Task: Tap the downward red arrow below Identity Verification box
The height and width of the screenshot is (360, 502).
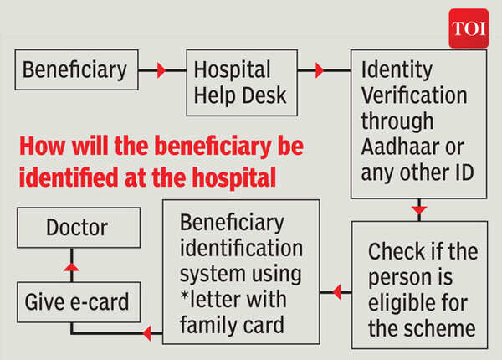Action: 419,208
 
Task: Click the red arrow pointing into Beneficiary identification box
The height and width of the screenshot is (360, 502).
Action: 336,293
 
